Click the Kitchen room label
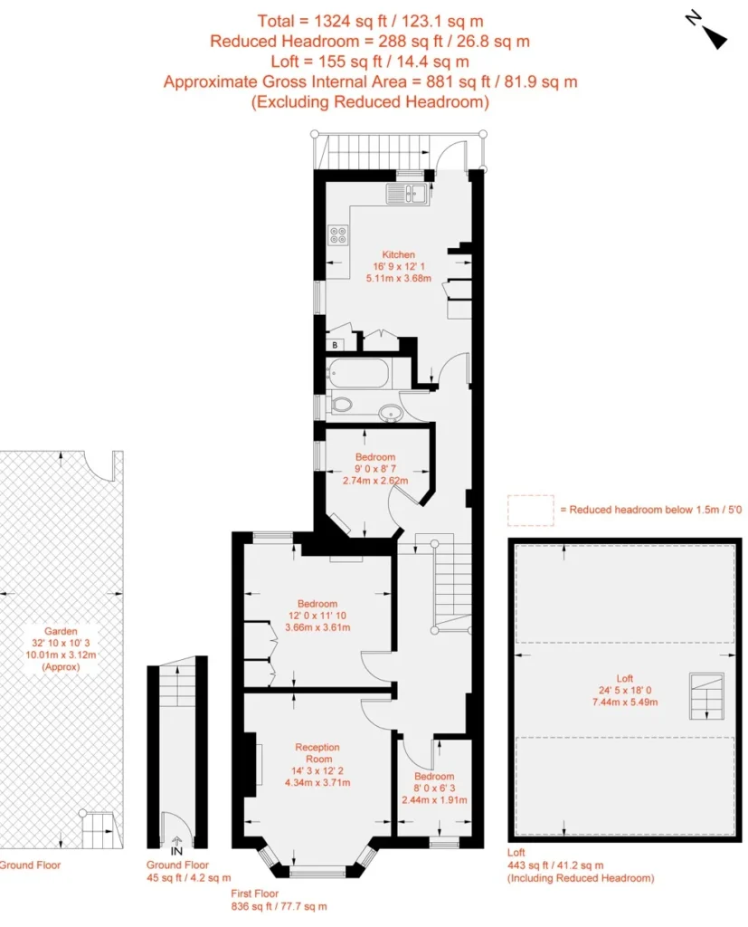398,254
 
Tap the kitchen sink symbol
408,194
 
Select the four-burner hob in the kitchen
338,234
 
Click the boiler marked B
335,345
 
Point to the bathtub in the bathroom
358,374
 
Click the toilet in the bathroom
340,405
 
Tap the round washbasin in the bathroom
391,412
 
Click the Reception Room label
317,752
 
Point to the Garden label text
61,631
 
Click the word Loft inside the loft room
624,678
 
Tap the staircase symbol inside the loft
706,696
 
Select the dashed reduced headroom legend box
531,511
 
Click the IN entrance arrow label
176,846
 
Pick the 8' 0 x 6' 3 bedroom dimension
434,788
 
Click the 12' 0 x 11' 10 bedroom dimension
317,616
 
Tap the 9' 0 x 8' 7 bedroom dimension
375,469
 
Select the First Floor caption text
255,894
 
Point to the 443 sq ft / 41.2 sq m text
555,865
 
